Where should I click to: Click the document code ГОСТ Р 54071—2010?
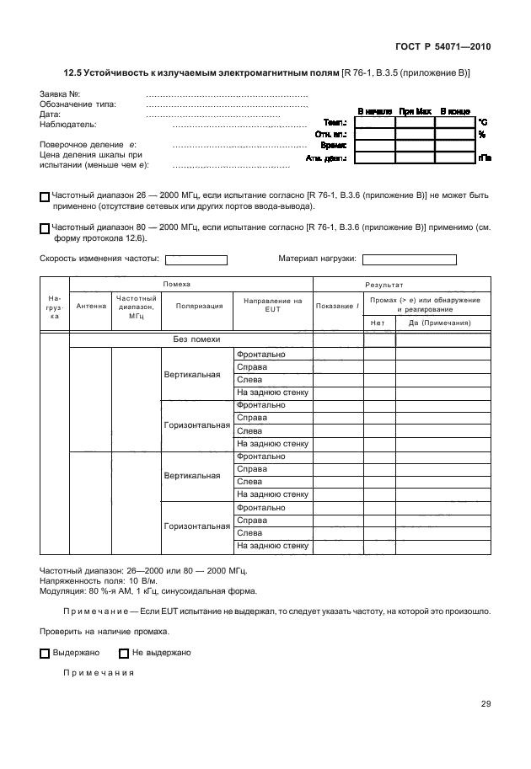coord(442,46)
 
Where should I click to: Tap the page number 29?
coord(485,705)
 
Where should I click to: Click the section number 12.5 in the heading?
coord(76,74)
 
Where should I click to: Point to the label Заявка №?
coord(60,94)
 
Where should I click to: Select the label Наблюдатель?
coord(68,125)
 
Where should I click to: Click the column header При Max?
coord(415,111)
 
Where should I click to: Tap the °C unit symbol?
coord(483,122)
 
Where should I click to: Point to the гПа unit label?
coord(485,158)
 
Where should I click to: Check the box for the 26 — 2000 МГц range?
coord(45,196)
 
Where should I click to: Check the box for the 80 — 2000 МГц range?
coord(45,227)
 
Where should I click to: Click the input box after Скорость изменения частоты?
coord(196,260)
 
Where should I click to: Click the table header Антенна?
coord(91,306)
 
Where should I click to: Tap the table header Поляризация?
coord(199,306)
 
